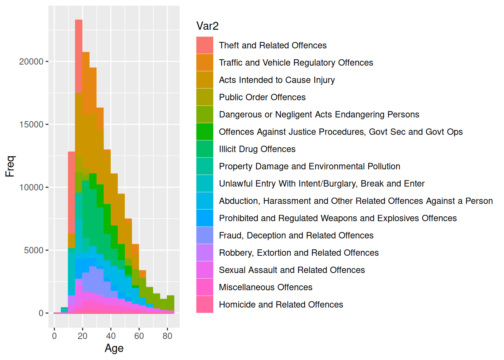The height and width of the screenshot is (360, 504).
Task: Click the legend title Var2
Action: click(207, 26)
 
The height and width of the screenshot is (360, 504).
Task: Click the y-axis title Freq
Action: click(10, 166)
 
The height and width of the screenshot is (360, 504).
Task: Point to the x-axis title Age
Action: click(114, 348)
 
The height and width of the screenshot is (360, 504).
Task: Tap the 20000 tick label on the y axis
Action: click(31, 61)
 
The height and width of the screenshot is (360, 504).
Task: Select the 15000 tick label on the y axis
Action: click(31, 124)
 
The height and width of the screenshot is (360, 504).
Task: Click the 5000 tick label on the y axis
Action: click(34, 250)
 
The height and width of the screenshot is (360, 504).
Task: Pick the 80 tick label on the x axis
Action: click(167, 336)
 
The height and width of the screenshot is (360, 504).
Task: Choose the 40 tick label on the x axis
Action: click(111, 336)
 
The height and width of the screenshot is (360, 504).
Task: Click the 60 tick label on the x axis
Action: click(139, 336)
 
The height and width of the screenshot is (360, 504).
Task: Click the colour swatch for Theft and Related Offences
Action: click(205, 45)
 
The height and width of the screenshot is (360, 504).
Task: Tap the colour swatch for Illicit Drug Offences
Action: click(205, 149)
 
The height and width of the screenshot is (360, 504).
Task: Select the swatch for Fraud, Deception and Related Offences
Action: click(205, 235)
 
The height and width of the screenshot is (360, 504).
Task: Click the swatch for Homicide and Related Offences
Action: click(205, 304)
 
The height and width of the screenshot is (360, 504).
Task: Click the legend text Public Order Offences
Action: click(262, 97)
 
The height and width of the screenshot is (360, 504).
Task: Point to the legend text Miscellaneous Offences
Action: click(265, 287)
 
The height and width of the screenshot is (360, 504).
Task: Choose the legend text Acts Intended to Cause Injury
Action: click(277, 80)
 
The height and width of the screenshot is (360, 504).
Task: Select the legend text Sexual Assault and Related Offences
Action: click(292, 270)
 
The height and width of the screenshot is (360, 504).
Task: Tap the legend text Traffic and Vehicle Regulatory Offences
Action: click(296, 63)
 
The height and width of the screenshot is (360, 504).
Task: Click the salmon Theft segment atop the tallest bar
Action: click(79, 56)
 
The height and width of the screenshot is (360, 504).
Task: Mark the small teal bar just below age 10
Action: click(64, 310)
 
